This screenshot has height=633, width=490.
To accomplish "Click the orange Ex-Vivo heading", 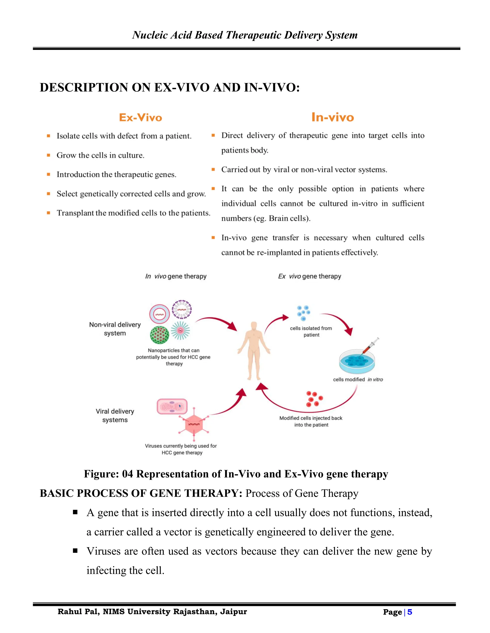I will point(140,118).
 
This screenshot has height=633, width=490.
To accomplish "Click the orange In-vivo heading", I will point(333,117).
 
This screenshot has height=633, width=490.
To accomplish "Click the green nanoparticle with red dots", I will point(159,334).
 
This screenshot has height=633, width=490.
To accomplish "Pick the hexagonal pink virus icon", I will point(194,425).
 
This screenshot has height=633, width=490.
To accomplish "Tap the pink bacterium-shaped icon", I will point(172,406).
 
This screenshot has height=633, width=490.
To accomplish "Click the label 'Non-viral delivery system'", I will point(115,329).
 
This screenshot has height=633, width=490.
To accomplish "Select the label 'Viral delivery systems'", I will point(115,415).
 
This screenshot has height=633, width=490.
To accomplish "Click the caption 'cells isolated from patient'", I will point(311,332).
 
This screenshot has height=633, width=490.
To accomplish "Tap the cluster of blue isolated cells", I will point(303,313).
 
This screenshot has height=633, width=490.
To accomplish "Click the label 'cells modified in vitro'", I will point(358,379).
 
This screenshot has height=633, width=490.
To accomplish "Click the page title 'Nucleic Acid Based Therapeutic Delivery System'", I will point(245,35).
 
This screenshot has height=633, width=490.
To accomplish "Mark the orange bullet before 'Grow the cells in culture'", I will point(49,155).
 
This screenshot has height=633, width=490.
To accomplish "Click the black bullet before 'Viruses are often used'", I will point(75,551).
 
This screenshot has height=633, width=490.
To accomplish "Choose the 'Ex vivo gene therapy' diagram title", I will point(309,276).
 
